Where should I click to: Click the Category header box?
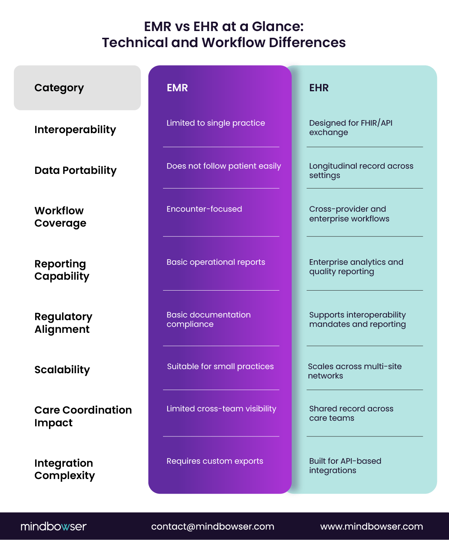click(x=77, y=88)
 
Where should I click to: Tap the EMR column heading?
click(x=177, y=88)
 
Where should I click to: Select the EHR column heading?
click(x=319, y=88)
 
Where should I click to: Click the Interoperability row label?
click(x=75, y=130)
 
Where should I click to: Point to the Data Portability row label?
click(x=76, y=171)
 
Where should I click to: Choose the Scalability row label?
click(x=62, y=370)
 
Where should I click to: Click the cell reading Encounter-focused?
click(x=204, y=209)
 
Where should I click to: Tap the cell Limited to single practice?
click(x=216, y=123)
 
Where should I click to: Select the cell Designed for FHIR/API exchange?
click(x=350, y=128)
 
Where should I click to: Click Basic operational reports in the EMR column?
click(x=216, y=262)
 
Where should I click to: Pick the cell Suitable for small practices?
click(x=220, y=366)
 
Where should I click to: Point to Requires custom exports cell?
click(x=215, y=461)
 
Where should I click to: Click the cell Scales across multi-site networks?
click(x=354, y=371)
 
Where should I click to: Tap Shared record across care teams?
click(x=351, y=413)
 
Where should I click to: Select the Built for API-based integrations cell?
click(x=345, y=466)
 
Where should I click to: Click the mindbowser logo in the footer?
click(x=53, y=527)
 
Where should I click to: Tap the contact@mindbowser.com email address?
click(x=212, y=527)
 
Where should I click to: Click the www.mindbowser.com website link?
click(x=371, y=527)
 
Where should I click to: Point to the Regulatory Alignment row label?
click(x=63, y=323)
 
